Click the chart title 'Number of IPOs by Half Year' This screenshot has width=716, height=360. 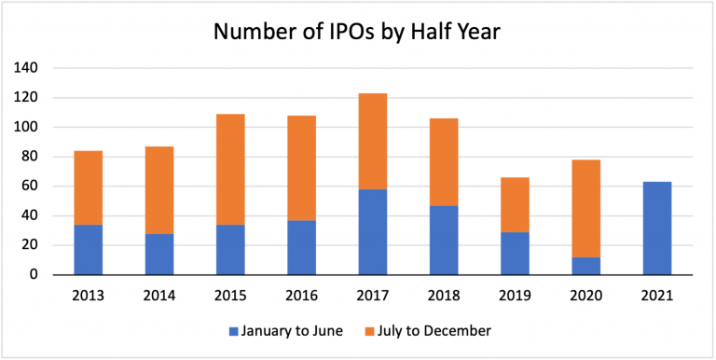tap(358, 32)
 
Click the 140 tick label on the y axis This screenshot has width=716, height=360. tap(26, 68)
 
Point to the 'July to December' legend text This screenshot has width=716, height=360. tap(435, 330)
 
